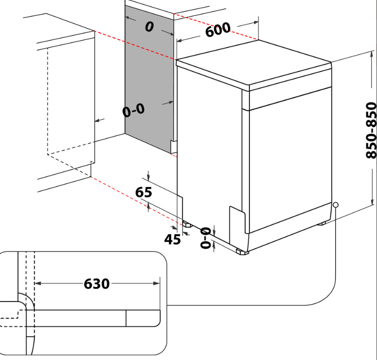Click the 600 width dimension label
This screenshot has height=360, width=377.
tap(217, 31)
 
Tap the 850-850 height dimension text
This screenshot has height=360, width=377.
tap(372, 130)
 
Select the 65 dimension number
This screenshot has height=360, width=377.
tap(144, 193)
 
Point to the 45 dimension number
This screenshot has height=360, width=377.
tap(173, 239)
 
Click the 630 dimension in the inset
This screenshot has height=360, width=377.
tap(97, 284)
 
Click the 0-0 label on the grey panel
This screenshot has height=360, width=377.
tap(133, 110)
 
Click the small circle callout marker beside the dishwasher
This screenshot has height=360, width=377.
tap(336, 205)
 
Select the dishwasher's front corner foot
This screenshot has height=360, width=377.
tap(240, 251)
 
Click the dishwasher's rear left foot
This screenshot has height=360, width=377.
tap(186, 224)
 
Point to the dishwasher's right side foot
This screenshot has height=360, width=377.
tap(321, 223)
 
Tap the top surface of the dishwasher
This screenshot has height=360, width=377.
tap(253, 64)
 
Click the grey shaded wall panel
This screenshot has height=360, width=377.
tap(148, 78)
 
